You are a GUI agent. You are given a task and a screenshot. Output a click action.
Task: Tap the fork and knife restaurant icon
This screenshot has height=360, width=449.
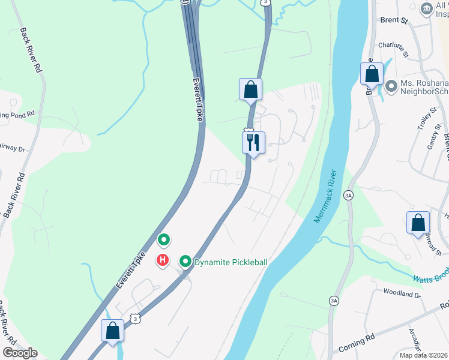click(x=253, y=143)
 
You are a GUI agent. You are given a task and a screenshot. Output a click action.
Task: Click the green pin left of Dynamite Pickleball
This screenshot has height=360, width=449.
click(x=185, y=262)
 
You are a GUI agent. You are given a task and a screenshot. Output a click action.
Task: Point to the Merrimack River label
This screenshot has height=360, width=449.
click(x=326, y=196)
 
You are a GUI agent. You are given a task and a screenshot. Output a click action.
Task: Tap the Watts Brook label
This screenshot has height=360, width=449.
click(x=430, y=279)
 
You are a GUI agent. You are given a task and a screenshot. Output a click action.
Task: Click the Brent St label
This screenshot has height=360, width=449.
click(x=394, y=20)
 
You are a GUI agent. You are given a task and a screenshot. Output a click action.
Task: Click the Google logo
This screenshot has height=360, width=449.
click(x=20, y=352)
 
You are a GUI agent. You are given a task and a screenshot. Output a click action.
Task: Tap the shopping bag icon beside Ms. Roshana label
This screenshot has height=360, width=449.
click(x=372, y=74)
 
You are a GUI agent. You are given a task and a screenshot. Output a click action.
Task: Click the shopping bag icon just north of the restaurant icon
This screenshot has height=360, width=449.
click(x=250, y=90)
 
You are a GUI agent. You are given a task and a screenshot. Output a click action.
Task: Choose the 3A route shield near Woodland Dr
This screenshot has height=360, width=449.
click(x=334, y=300)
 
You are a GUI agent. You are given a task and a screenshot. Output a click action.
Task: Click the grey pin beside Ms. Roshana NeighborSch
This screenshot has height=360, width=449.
click(x=391, y=87)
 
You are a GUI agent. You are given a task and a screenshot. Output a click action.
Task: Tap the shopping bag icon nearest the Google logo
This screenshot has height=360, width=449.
click(x=112, y=331)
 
